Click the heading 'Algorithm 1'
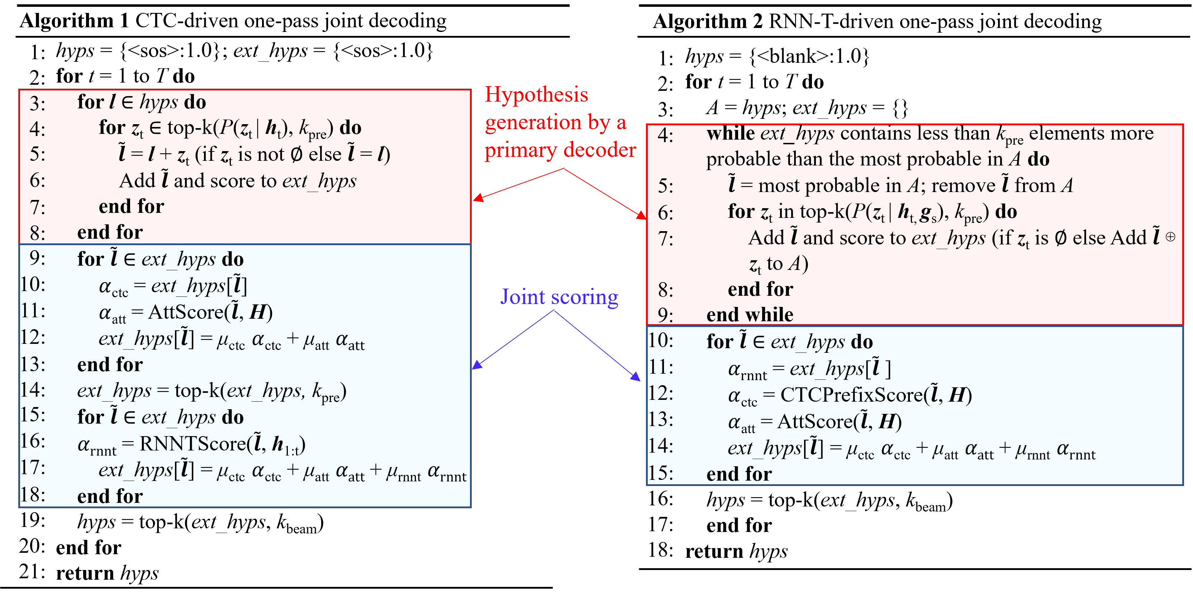74,21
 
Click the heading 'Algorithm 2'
708,21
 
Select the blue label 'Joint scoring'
559,297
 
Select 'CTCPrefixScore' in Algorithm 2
851,395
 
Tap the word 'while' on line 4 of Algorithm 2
730,134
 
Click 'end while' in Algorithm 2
750,315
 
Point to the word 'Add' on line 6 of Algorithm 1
137,181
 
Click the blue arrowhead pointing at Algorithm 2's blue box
636,377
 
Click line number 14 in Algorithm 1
32,390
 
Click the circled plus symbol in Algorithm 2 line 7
1170,237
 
